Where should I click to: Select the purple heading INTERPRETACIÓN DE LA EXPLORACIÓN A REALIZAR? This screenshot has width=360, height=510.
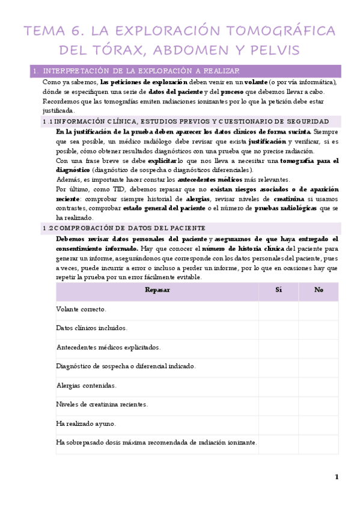(141, 70)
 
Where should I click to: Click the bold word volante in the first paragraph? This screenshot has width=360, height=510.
(256, 82)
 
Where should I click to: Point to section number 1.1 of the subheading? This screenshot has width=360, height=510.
(48, 121)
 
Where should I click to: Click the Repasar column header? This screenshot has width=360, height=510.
(157, 290)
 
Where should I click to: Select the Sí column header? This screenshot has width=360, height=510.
(278, 290)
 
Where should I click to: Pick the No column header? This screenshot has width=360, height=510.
(319, 290)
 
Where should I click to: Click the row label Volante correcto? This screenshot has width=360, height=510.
(81, 309)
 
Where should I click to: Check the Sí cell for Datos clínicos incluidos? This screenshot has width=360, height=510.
(278, 328)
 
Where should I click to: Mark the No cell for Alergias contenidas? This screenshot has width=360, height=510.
(319, 385)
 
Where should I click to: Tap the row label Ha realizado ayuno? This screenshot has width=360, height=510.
(86, 423)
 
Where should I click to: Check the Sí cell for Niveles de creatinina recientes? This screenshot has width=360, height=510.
(278, 404)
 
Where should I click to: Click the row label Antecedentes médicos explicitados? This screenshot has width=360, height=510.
(108, 347)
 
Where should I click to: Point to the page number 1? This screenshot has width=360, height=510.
(337, 477)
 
